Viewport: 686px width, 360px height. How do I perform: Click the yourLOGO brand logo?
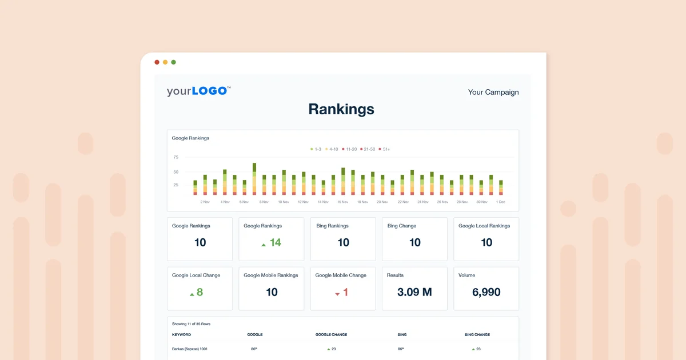pyautogui.click(x=198, y=91)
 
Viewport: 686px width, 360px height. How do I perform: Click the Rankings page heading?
pyautogui.click(x=341, y=109)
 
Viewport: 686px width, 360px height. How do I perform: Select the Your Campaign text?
pyautogui.click(x=493, y=92)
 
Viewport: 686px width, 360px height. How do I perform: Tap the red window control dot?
pyautogui.click(x=157, y=62)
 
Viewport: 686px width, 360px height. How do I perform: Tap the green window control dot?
pyautogui.click(x=174, y=62)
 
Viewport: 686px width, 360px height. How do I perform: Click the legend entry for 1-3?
pyautogui.click(x=316, y=149)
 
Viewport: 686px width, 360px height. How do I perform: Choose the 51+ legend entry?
pyautogui.click(x=384, y=149)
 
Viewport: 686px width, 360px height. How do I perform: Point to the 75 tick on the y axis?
pyautogui.click(x=176, y=157)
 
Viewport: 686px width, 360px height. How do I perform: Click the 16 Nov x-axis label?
pyautogui.click(x=343, y=202)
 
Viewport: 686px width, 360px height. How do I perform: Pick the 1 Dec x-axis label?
pyautogui.click(x=500, y=202)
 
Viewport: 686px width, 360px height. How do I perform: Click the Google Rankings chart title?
pyautogui.click(x=190, y=138)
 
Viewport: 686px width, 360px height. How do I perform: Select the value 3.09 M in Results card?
pyautogui.click(x=414, y=292)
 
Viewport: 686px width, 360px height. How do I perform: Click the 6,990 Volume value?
pyautogui.click(x=486, y=292)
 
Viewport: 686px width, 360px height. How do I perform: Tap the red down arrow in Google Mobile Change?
pyautogui.click(x=337, y=294)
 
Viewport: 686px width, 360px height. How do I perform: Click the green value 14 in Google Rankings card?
pyautogui.click(x=275, y=243)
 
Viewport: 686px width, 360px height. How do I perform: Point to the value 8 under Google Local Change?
pyautogui.click(x=200, y=292)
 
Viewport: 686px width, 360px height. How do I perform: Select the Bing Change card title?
pyautogui.click(x=402, y=226)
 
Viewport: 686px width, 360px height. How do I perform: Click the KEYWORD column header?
pyautogui.click(x=181, y=334)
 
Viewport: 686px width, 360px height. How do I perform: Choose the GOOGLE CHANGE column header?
pyautogui.click(x=331, y=334)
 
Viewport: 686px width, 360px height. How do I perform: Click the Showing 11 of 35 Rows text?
pyautogui.click(x=191, y=324)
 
